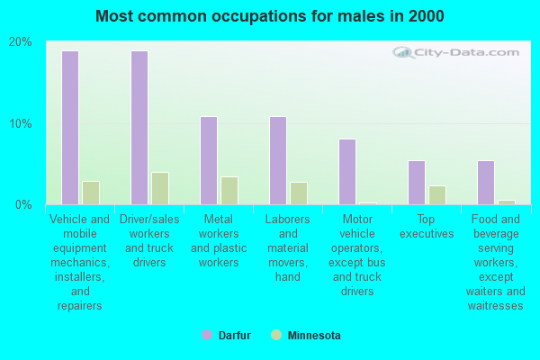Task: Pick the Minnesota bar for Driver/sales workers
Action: (160, 188)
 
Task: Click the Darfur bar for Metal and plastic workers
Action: (209, 160)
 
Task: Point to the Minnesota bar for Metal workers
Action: (229, 191)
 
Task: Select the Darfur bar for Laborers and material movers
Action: (278, 160)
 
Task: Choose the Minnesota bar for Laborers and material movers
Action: (299, 193)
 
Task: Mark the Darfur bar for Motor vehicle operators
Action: (347, 172)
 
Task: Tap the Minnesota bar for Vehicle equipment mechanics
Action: (91, 193)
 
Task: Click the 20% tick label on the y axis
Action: (21, 42)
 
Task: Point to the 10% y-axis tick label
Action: (21, 123)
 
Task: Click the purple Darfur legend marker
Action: (206, 336)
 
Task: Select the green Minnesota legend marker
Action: (275, 336)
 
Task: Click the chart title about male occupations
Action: (270, 16)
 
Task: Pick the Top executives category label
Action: (427, 226)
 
